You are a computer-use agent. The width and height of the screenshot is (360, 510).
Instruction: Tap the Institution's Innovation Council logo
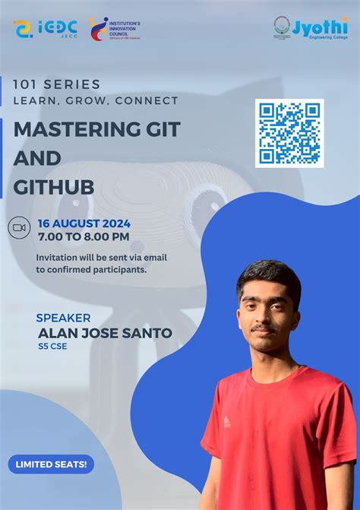(114, 29)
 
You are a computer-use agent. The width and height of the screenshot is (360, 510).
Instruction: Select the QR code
(289, 133)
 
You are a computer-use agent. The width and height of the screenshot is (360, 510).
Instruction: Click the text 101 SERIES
(56, 84)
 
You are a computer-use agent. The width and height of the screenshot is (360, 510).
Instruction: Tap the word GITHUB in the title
(53, 188)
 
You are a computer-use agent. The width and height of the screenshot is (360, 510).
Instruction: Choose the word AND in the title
(37, 159)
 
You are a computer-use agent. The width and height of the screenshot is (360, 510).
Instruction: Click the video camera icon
(19, 227)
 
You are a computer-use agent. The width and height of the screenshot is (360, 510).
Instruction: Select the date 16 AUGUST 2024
(84, 223)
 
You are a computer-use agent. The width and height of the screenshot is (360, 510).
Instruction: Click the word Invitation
(61, 257)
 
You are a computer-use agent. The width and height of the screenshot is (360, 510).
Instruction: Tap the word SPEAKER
(64, 318)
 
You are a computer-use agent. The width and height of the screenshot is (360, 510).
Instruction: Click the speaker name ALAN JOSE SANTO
(105, 333)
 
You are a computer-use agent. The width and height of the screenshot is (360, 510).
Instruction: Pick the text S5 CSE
(52, 348)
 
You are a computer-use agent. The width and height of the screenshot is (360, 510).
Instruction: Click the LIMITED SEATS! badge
(50, 464)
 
